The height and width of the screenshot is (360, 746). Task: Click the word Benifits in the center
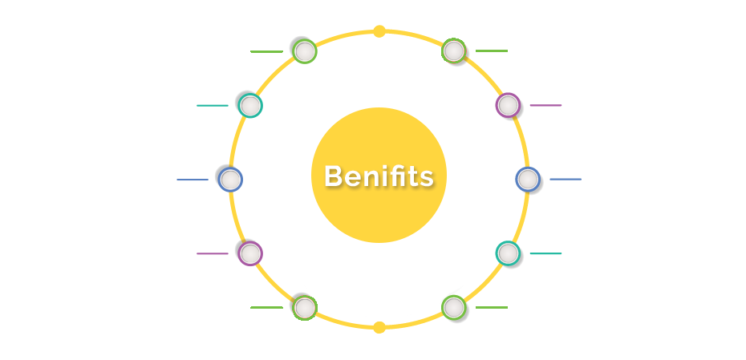point(379,176)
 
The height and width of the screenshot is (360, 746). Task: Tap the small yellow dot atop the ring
point(379,31)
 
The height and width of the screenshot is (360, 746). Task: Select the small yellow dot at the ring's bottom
point(379,327)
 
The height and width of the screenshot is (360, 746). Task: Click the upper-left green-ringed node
point(305,51)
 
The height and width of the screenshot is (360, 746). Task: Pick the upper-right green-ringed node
point(453,51)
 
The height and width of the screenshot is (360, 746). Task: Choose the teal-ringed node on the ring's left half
point(250,106)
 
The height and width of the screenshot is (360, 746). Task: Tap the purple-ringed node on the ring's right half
point(508,105)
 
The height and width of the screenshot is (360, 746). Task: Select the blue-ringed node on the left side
point(231,180)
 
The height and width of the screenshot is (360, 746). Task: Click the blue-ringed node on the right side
point(528,180)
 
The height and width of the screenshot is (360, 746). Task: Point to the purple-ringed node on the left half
point(250,253)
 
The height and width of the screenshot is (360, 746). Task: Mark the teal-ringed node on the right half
point(508,253)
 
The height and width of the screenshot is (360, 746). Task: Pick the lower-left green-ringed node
point(305,308)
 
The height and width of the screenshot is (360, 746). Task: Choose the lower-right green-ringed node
point(453,307)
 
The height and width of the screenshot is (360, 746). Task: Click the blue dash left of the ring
point(193,180)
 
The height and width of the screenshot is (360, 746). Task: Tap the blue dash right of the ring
point(566,180)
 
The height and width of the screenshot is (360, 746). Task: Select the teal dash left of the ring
point(213,106)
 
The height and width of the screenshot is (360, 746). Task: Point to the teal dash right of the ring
point(545,253)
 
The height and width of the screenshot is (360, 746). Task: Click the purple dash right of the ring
point(545,105)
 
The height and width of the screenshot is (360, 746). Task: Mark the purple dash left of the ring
point(213,253)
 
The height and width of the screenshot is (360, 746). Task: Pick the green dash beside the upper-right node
point(492,51)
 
